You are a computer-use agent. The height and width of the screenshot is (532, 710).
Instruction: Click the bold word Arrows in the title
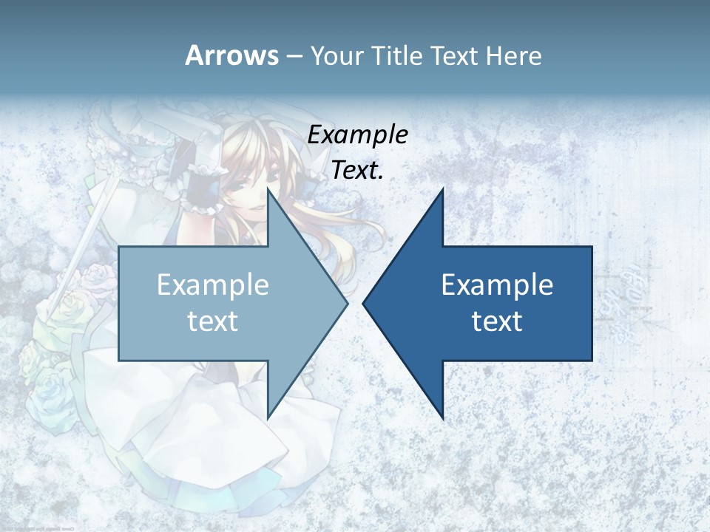click(x=232, y=55)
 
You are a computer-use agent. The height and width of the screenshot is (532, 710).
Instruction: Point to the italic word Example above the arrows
click(x=358, y=135)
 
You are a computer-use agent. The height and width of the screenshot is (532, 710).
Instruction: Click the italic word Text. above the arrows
click(x=358, y=171)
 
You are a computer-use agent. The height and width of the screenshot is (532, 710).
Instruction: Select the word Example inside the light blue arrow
click(x=213, y=285)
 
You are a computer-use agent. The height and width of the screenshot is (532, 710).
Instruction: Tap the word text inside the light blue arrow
click(x=213, y=321)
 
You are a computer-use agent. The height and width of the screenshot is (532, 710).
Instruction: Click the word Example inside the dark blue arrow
click(x=497, y=285)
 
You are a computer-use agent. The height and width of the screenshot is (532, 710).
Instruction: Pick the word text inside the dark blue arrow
click(x=497, y=321)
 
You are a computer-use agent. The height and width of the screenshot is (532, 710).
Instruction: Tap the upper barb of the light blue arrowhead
click(x=270, y=196)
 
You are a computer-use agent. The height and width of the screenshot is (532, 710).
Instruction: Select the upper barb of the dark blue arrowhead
click(x=441, y=194)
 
